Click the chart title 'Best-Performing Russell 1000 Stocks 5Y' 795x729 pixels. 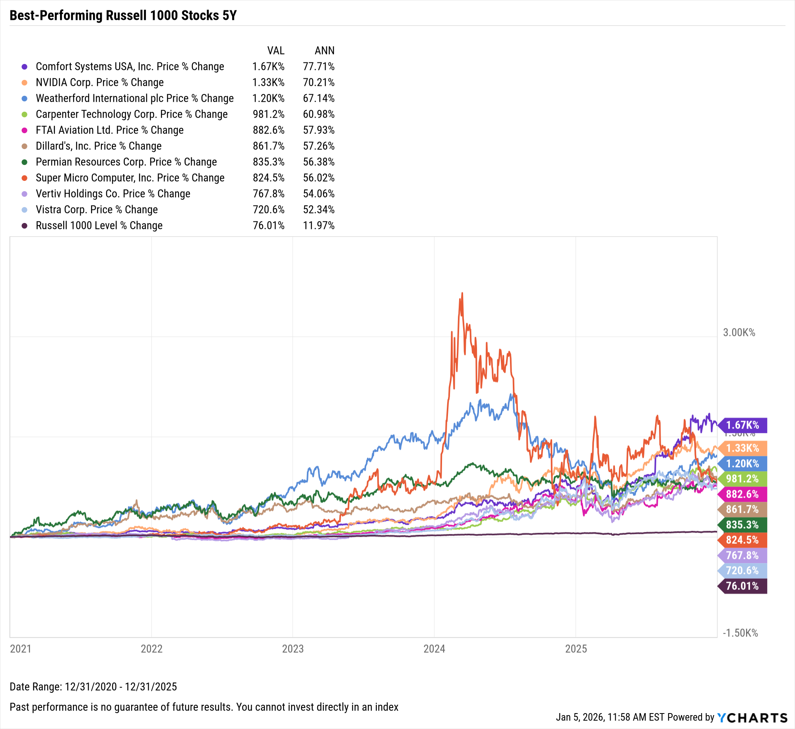[x=123, y=16]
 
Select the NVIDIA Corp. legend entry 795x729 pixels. [x=99, y=82]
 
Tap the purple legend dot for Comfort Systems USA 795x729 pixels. [x=25, y=67]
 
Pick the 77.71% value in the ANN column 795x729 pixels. [x=318, y=66]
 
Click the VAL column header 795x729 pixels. [x=275, y=50]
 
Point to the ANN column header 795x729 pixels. [x=324, y=50]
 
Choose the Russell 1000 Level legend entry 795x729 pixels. [x=99, y=225]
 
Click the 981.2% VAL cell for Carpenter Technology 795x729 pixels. [x=268, y=114]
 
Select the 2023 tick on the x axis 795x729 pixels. [x=293, y=649]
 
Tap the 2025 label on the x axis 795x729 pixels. [x=576, y=649]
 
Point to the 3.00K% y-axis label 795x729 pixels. [x=739, y=332]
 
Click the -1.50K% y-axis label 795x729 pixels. [x=740, y=633]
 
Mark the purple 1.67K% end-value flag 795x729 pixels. [x=743, y=425]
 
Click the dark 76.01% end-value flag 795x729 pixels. [x=743, y=586]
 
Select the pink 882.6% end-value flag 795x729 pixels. [x=743, y=494]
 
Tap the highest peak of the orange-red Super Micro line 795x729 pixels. [x=462, y=293]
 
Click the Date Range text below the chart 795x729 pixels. [x=93, y=686]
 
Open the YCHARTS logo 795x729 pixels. [x=752, y=717]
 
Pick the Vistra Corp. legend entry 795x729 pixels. [x=97, y=209]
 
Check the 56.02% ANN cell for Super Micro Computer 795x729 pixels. [x=318, y=178]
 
